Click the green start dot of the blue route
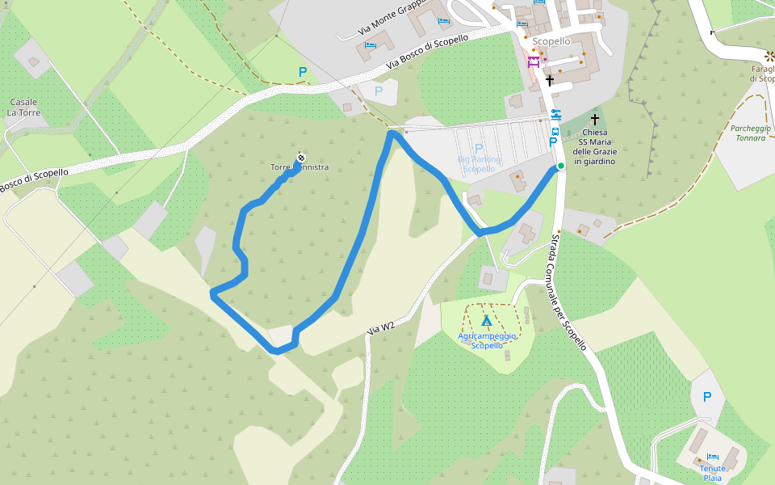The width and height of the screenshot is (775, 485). point(560,166)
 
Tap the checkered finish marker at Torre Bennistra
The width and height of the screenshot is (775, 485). point(300,157)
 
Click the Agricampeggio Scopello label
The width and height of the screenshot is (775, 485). point(487,339)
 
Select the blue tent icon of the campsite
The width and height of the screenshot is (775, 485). point(487,321)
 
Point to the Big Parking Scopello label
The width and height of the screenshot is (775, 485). point(479,164)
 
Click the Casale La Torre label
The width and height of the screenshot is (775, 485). point(23,108)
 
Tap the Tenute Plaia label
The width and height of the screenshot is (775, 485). point(711,473)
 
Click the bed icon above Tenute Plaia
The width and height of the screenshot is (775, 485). point(712,457)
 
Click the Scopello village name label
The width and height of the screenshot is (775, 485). point(551,41)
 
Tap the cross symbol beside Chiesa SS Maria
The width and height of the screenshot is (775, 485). point(595,119)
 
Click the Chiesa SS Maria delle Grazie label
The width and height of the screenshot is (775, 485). point(594,147)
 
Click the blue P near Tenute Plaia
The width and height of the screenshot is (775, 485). point(707,397)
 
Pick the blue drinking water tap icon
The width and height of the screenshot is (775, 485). point(554,113)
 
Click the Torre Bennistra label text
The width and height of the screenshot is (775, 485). point(300,167)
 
